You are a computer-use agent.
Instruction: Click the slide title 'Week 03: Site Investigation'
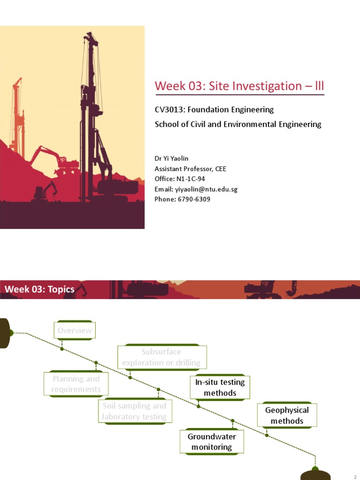tap(239, 86)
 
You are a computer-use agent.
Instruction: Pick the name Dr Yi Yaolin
tap(172, 158)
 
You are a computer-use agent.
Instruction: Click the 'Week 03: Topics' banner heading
tap(40, 289)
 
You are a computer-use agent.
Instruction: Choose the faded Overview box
tap(75, 330)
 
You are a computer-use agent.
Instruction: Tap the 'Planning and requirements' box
tap(76, 384)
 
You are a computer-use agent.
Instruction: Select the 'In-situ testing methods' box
tap(220, 388)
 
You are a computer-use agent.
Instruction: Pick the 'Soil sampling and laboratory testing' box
tap(135, 411)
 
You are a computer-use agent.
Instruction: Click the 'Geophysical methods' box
tap(287, 415)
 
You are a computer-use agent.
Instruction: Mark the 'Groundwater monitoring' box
tap(212, 442)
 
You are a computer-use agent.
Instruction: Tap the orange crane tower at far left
tap(17, 117)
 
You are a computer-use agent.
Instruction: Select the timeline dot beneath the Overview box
tap(62, 348)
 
